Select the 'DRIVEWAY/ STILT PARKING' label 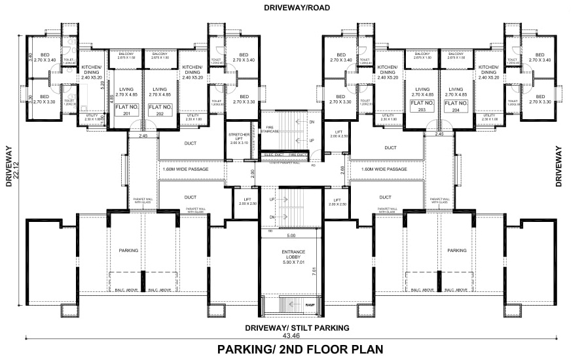tap(297, 327)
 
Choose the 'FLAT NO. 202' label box tap(160, 109)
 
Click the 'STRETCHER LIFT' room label tap(238, 138)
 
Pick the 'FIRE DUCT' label tap(297, 155)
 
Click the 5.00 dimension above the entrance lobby tap(291, 236)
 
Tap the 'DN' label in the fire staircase tap(312, 122)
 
